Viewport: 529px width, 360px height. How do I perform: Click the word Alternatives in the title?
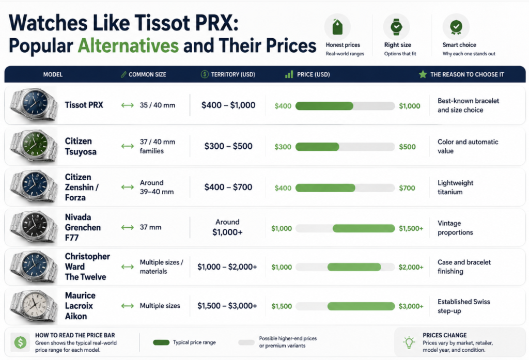pos(128,46)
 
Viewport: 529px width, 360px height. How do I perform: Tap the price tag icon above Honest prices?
pos(337,27)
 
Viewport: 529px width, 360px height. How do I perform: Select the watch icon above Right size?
pos(396,27)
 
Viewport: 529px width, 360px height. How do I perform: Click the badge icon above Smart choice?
pos(456,27)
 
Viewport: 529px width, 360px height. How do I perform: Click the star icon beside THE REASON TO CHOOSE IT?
pos(423,74)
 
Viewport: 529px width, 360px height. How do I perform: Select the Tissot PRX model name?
pos(84,105)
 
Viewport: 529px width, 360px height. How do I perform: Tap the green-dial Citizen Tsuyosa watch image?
pos(33,146)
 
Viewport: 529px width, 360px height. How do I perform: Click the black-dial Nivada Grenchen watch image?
pos(33,227)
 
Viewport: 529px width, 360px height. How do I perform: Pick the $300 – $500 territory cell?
pos(228,146)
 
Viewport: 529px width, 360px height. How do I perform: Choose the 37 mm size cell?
pos(150,227)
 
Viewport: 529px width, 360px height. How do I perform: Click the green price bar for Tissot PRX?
pos(324,106)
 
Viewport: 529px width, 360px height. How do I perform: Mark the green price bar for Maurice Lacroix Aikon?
pos(361,306)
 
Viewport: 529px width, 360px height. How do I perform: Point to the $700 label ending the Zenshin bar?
pos(407,188)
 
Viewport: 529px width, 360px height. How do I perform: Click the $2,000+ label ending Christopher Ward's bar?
pos(411,267)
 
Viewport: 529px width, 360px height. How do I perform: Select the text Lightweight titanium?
pos(456,187)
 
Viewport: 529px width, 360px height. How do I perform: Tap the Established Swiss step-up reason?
pos(464,306)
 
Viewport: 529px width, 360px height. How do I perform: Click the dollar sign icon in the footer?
pos(21,342)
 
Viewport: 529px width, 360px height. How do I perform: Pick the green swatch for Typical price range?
pos(161,342)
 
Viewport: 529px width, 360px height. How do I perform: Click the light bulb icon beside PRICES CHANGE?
pos(409,342)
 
